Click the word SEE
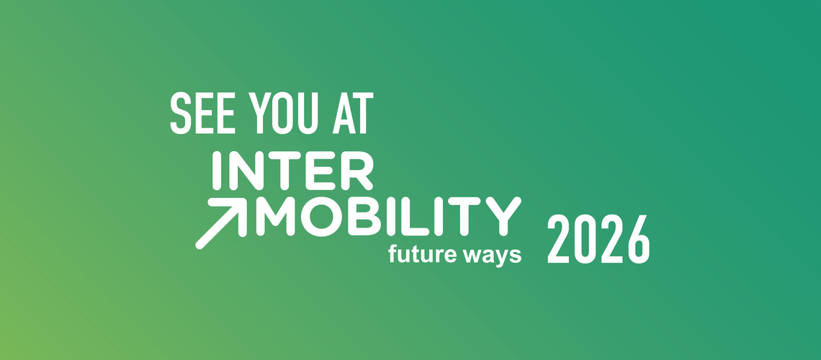(x=202, y=113)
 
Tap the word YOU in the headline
(x=283, y=113)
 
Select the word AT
(x=353, y=113)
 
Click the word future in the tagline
(x=423, y=256)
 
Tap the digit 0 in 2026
(x=585, y=239)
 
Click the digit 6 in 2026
(x=639, y=239)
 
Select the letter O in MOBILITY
(x=321, y=217)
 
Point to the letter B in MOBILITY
(x=364, y=217)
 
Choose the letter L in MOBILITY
(x=414, y=217)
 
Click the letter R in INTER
(x=357, y=171)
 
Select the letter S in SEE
(x=181, y=113)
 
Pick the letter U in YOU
(x=308, y=113)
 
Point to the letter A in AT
(x=344, y=113)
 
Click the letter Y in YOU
(x=260, y=113)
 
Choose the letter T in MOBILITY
(x=465, y=217)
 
